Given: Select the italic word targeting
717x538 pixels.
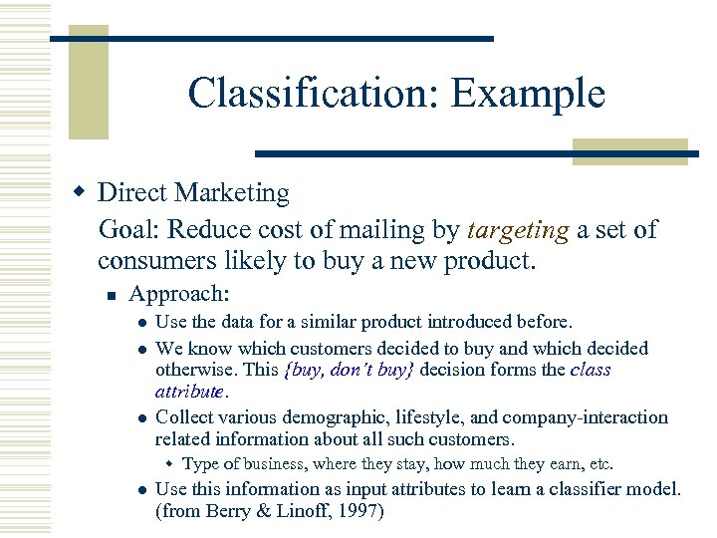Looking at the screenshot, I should tap(517, 230).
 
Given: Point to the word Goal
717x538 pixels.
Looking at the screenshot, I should tap(129, 230).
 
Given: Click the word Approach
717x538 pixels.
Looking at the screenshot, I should tap(179, 295).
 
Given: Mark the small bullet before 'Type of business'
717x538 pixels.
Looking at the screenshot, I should tap(170, 464).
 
